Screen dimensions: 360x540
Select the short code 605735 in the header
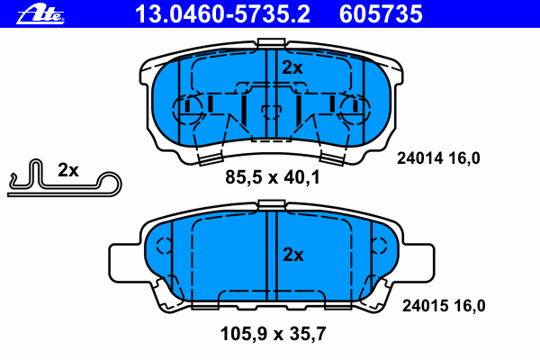[379, 13]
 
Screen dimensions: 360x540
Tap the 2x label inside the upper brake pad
[292, 67]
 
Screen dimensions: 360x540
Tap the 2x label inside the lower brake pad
[292, 255]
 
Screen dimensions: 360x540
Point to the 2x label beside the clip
[68, 169]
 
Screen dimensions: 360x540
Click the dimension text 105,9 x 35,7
[272, 334]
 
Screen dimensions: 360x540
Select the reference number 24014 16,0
[439, 158]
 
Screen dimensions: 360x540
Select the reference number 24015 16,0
[441, 306]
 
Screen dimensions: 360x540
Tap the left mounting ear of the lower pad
[126, 261]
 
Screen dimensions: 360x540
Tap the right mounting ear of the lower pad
[417, 261]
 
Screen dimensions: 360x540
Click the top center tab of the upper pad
[271, 43]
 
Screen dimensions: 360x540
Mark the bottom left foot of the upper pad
[206, 158]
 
